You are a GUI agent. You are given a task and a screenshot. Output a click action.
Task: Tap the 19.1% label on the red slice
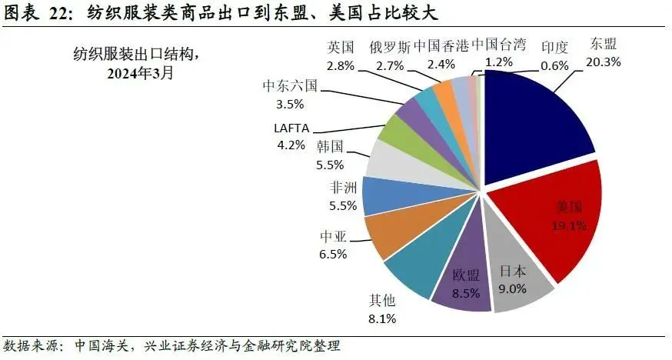(570, 225)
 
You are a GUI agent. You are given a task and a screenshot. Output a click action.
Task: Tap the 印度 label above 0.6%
(554, 48)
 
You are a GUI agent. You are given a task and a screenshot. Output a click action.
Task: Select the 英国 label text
(339, 48)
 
